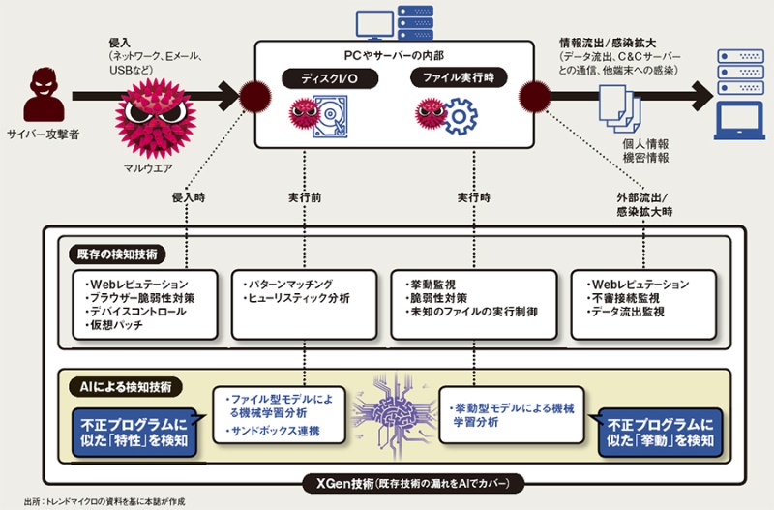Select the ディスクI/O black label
(313, 76)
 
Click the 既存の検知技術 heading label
(119, 255)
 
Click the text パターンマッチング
(291, 284)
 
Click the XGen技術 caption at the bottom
(405, 482)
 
